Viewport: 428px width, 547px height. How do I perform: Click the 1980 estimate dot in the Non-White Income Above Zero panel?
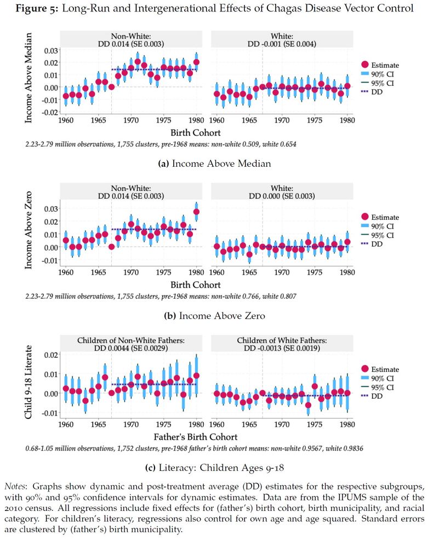pyautogui.click(x=197, y=212)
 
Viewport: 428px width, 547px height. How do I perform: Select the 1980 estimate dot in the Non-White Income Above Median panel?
pyautogui.click(x=197, y=62)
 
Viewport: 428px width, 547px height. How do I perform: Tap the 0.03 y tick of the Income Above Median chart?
pyautogui.click(x=50, y=50)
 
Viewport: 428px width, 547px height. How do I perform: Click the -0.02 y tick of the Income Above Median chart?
pyautogui.click(x=49, y=112)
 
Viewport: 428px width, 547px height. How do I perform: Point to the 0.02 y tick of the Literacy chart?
pyautogui.click(x=50, y=355)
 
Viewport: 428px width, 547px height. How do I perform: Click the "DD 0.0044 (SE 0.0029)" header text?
pyautogui.click(x=130, y=348)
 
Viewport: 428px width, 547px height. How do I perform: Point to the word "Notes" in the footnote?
pyautogui.click(x=15, y=486)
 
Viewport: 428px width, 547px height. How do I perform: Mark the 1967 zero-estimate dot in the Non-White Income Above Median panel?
pyautogui.click(x=112, y=87)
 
